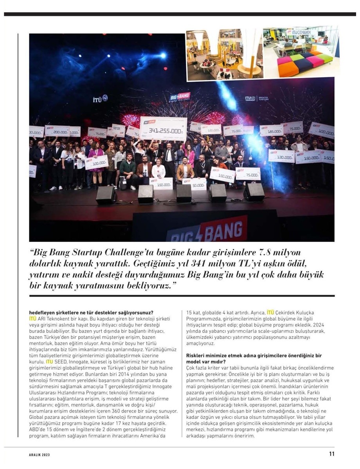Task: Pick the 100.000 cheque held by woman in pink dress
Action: point(96,162)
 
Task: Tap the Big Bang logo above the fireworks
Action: point(180,97)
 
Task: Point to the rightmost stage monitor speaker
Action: point(254,192)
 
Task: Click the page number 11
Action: point(331,455)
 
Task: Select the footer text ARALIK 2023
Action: point(40,455)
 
